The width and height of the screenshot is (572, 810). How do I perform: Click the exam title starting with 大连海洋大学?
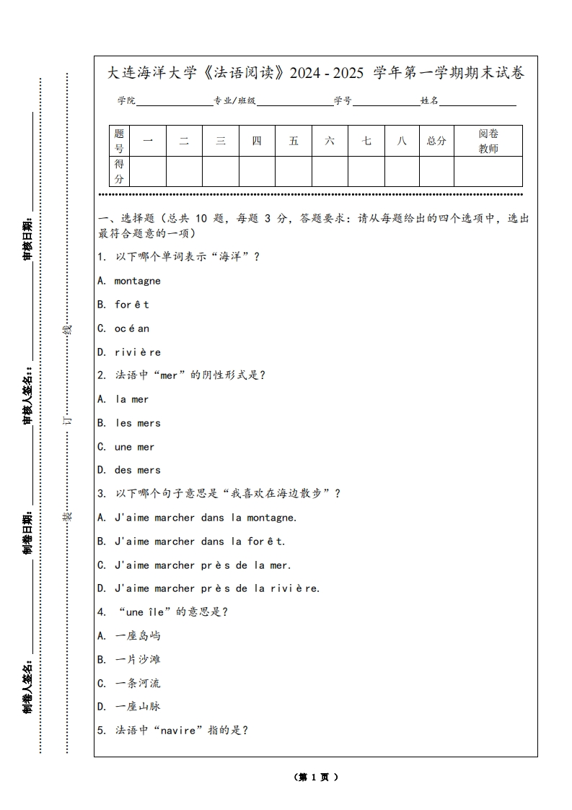coord(315,73)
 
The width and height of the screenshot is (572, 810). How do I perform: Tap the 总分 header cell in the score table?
coord(436,141)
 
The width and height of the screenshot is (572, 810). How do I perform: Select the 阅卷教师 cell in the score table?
coord(488,141)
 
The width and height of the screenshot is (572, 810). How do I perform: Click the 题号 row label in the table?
coord(119,141)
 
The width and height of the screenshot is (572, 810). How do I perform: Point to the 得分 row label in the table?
coord(119,171)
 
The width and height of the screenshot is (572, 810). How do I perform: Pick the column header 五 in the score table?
coord(294,141)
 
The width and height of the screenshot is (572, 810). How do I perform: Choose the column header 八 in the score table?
coord(402,141)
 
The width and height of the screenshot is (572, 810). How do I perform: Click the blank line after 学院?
coord(174,101)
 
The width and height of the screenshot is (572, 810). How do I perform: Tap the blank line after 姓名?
coord(478,101)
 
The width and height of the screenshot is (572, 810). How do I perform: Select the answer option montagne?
coord(137,281)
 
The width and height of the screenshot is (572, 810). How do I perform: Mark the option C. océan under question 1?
coord(124,328)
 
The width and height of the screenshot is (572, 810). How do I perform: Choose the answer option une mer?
coord(134,447)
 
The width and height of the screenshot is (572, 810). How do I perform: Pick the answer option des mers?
coord(137,470)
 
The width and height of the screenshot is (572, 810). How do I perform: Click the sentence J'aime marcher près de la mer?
coord(203,565)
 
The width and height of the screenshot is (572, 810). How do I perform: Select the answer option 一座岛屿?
coord(138,636)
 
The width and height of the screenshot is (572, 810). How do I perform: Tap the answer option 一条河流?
coord(138,683)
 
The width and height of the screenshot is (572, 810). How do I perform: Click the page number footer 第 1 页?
coord(315,778)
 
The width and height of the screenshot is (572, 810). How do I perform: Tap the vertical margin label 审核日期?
coord(27,238)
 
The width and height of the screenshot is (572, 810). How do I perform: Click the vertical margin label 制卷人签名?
coord(27,686)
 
